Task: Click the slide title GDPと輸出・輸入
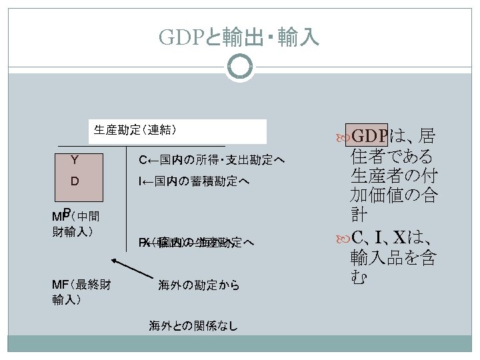pos(239,37)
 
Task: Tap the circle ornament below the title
pos(239,68)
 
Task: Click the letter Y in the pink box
pos(76,159)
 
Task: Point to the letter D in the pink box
pos(75,181)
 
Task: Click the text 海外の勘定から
pos(199,286)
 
